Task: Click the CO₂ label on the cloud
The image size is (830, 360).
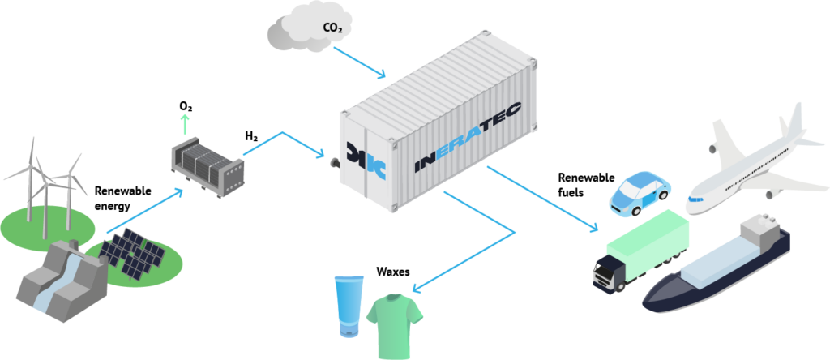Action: pos(332,28)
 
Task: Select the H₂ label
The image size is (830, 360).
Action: pos(252,137)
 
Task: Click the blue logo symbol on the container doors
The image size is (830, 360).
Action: pos(366,160)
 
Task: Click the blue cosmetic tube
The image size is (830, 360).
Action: pos(349,306)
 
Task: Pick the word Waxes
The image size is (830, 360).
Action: pos(393,272)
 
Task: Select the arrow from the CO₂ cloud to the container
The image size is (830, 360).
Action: pos(359,62)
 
